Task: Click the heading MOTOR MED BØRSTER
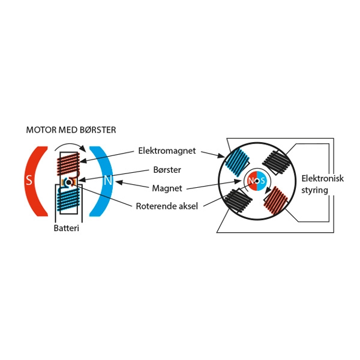pyautogui.click(x=71, y=130)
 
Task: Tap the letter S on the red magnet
pyautogui.click(x=28, y=180)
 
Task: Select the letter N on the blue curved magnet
pyautogui.click(x=108, y=180)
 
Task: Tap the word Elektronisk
pyautogui.click(x=322, y=179)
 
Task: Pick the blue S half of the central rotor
pyautogui.click(x=262, y=180)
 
